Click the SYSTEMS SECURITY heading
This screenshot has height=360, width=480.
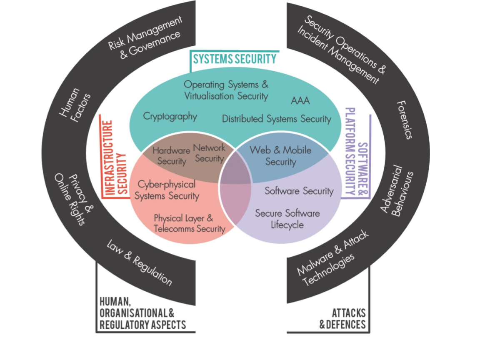click(235, 59)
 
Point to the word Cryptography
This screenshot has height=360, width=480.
click(170, 116)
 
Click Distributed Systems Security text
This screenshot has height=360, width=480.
click(276, 119)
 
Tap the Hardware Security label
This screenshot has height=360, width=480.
click(171, 156)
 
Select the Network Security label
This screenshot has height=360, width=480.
click(209, 153)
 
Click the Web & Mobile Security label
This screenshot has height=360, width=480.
click(280, 156)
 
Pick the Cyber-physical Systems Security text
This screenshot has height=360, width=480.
click(167, 190)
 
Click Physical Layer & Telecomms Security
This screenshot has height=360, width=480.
click(189, 223)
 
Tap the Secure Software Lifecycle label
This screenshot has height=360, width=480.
click(287, 219)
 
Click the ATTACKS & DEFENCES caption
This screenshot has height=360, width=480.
click(342, 319)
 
